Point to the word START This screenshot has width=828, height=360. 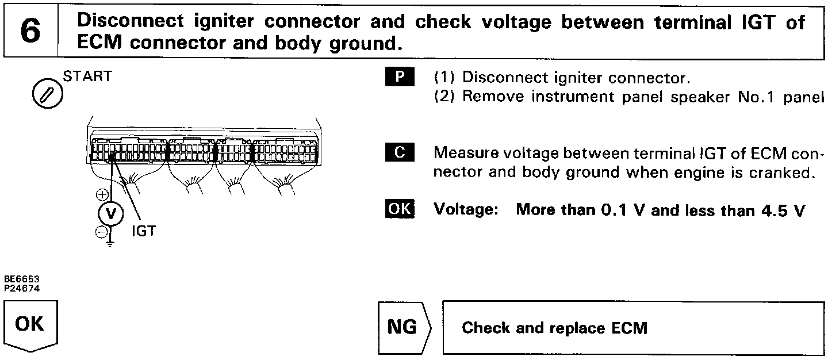click(87, 77)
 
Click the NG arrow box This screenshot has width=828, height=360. click(405, 327)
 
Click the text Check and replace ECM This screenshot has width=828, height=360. click(554, 328)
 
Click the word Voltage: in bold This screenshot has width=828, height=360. click(466, 210)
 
